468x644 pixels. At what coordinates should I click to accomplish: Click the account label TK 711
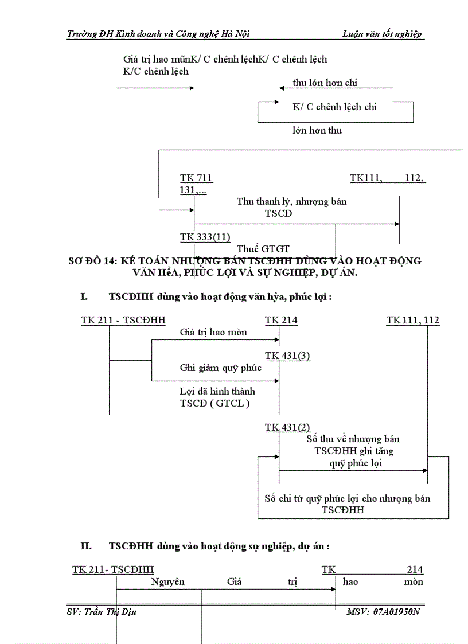[196, 178]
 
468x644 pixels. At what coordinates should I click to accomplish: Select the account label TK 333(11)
[205, 237]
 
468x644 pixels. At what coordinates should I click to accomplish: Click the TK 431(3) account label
[287, 356]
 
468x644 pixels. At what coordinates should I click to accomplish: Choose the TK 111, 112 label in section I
[413, 321]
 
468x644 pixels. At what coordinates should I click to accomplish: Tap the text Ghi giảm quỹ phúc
[220, 368]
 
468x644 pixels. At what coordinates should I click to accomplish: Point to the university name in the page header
[158, 34]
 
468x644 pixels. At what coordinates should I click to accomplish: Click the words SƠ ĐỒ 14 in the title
[92, 261]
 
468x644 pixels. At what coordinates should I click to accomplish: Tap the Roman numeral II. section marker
[86, 547]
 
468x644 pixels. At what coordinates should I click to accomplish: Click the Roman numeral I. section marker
[84, 297]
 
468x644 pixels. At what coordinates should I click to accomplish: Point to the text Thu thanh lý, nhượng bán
[291, 202]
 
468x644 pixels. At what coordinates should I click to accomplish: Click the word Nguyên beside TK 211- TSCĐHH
[168, 581]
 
